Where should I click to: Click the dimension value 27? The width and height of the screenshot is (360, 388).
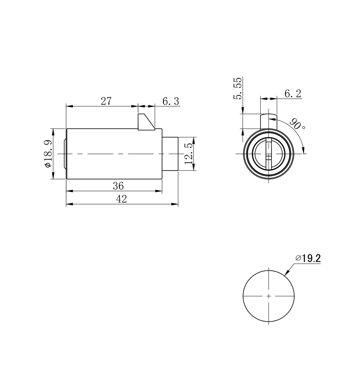106,101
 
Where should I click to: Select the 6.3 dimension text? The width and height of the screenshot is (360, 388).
171,101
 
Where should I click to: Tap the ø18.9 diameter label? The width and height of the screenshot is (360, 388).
48,153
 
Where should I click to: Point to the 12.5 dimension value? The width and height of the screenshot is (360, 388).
188,154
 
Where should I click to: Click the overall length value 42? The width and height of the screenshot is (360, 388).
121,199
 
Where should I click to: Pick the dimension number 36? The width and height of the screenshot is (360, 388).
118,186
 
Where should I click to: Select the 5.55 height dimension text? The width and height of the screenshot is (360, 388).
238,88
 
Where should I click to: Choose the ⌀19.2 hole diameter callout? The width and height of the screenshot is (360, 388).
308,259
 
